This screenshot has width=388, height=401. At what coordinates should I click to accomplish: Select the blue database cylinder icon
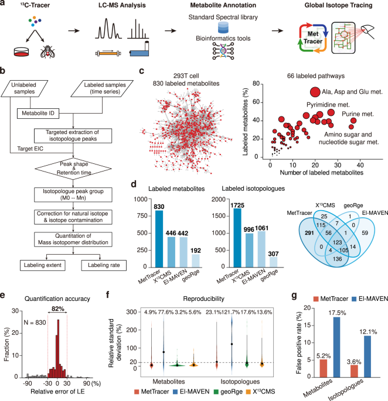pos(237,29)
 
